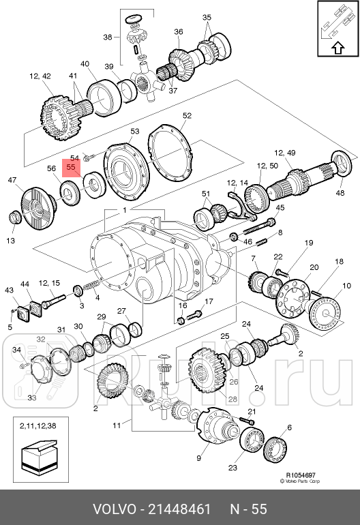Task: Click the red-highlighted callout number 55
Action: pyautogui.click(x=71, y=167)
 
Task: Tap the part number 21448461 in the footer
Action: pyautogui.click(x=179, y=509)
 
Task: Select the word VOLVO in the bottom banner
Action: pyautogui.click(x=114, y=509)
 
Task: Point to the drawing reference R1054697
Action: pyautogui.click(x=301, y=475)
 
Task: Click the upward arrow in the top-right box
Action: pyautogui.click(x=338, y=48)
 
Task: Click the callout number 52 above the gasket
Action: pyautogui.click(x=187, y=115)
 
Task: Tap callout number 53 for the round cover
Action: pyautogui.click(x=134, y=131)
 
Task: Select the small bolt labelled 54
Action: pyautogui.click(x=87, y=156)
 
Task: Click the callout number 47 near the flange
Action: pyautogui.click(x=12, y=180)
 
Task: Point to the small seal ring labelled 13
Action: pyautogui.click(x=15, y=217)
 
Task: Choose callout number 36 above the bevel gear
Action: pyautogui.click(x=179, y=32)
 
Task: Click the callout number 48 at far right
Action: pyautogui.click(x=340, y=193)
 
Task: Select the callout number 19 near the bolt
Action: pyautogui.click(x=309, y=243)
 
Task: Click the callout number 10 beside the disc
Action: pyautogui.click(x=346, y=286)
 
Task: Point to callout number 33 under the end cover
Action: pyautogui.click(x=32, y=397)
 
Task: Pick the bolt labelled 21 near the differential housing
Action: pyautogui.click(x=247, y=420)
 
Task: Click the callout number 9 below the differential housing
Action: pyautogui.click(x=198, y=457)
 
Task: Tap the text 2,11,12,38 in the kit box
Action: pyautogui.click(x=38, y=426)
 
